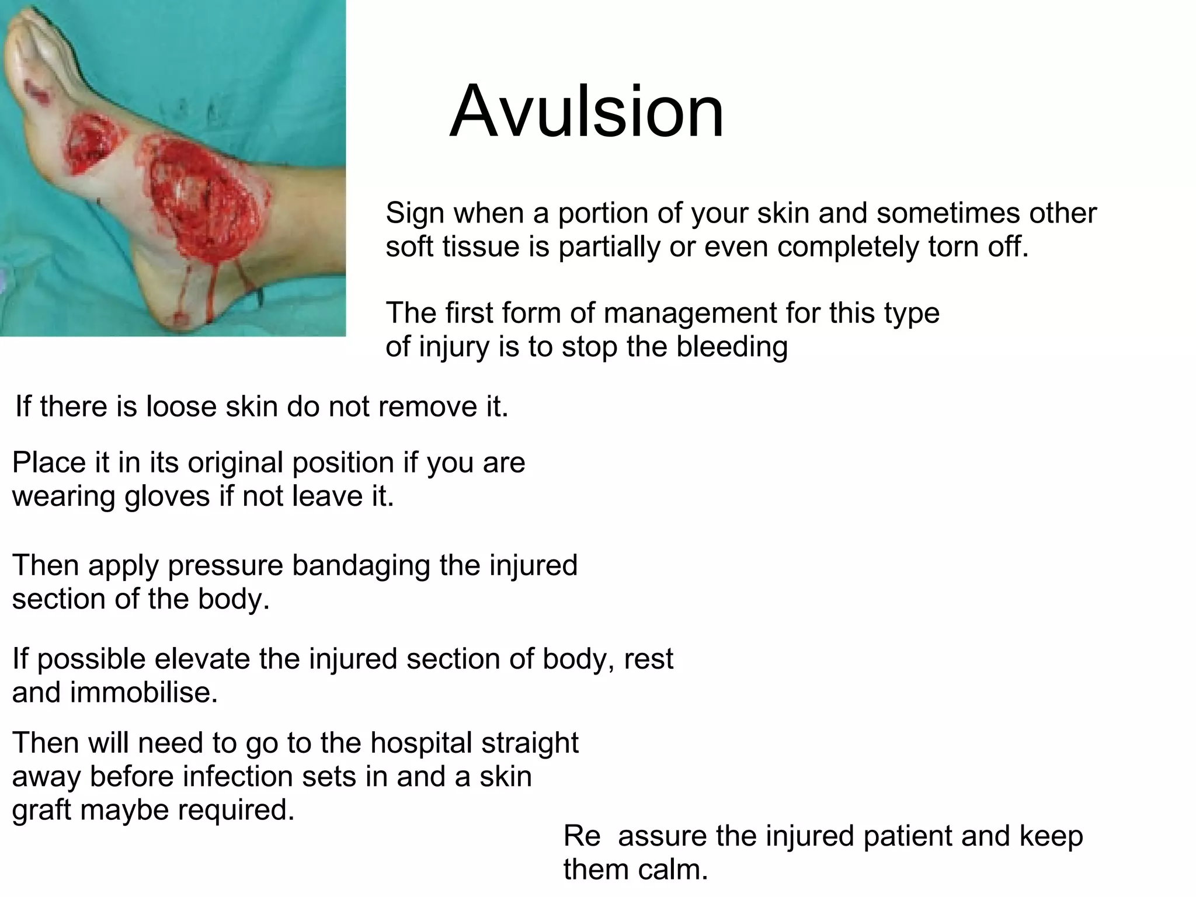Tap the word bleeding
(x=732, y=347)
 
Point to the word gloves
(x=166, y=497)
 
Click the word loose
(x=181, y=406)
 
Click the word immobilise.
(x=144, y=693)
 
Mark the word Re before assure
(x=582, y=836)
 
